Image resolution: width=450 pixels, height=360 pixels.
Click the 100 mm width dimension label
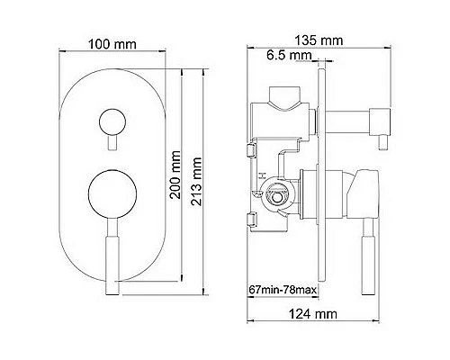(x=112, y=44)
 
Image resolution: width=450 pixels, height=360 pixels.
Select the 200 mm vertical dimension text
(x=175, y=175)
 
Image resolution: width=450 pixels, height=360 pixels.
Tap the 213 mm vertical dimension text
(x=196, y=181)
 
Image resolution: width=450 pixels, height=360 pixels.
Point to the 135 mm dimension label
(x=319, y=40)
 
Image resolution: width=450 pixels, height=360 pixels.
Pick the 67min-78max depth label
(x=283, y=290)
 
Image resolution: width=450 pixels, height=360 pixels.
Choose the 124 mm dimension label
(x=313, y=314)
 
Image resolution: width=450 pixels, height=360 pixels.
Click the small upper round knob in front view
(x=112, y=122)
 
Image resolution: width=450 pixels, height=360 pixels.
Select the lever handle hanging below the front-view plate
(x=113, y=256)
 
